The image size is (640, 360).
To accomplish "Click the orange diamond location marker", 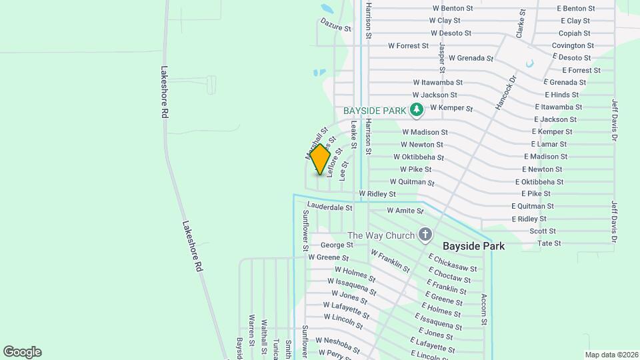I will pyautogui.click(x=321, y=160).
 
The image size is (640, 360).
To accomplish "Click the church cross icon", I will pyautogui.click(x=425, y=235).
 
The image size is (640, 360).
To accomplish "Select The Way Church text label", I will pyautogui.click(x=381, y=235).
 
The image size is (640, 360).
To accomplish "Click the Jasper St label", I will pyautogui.click(x=441, y=57).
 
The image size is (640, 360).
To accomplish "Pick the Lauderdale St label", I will pyautogui.click(x=331, y=207).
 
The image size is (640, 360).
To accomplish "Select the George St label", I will pyautogui.click(x=337, y=245).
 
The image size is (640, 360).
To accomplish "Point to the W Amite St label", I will pyautogui.click(x=405, y=211).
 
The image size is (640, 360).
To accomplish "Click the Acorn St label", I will pyautogui.click(x=484, y=310).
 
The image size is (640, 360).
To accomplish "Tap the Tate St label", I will pyautogui.click(x=549, y=243).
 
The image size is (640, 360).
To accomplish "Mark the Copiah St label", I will pyautogui.click(x=574, y=33).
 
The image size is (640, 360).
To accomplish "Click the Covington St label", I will pyautogui.click(x=573, y=45).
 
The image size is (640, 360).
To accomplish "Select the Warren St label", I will pyautogui.click(x=252, y=330).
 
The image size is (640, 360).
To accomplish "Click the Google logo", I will pyautogui.click(x=22, y=352).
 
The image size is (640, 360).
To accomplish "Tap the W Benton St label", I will pyautogui.click(x=453, y=9).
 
